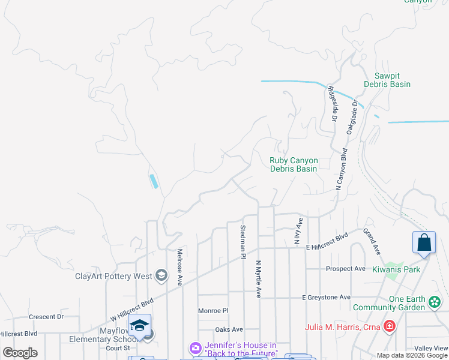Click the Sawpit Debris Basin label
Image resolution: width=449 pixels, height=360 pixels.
[x=387, y=80]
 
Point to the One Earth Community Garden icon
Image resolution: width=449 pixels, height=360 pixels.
[x=436, y=302]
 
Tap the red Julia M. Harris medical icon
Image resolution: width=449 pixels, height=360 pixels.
[x=390, y=326]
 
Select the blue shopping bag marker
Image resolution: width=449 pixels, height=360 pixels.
[x=424, y=242]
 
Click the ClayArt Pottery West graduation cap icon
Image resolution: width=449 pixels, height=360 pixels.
[x=160, y=276]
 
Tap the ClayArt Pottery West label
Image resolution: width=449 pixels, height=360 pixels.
[x=113, y=276]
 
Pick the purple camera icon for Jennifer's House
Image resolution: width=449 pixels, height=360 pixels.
[x=195, y=348]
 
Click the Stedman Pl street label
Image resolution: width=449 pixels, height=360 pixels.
[x=243, y=241]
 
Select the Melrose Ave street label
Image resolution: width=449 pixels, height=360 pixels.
[x=179, y=267]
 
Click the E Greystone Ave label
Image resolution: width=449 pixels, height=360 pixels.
[x=326, y=297]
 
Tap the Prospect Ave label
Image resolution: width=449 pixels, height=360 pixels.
[x=345, y=268]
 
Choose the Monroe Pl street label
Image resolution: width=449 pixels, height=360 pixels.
[x=214, y=311]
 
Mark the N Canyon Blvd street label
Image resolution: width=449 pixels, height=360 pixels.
[x=342, y=170]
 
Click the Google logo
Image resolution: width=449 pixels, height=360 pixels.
[x=20, y=353]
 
